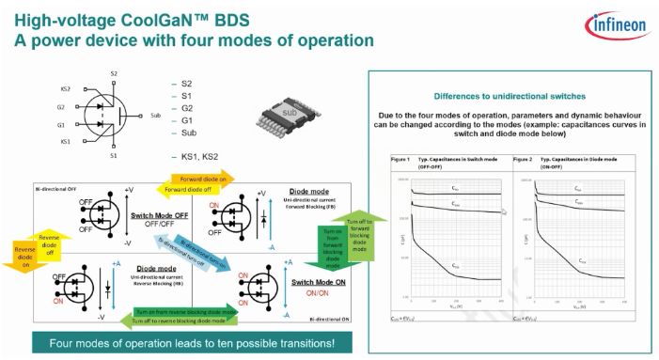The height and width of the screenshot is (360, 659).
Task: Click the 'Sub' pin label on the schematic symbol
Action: click(x=155, y=116)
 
